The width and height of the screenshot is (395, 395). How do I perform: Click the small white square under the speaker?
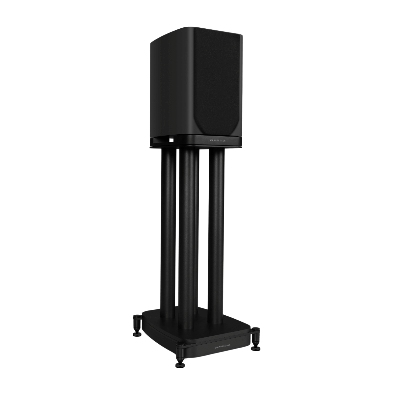171,140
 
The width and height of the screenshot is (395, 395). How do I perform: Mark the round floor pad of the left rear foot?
136,334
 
